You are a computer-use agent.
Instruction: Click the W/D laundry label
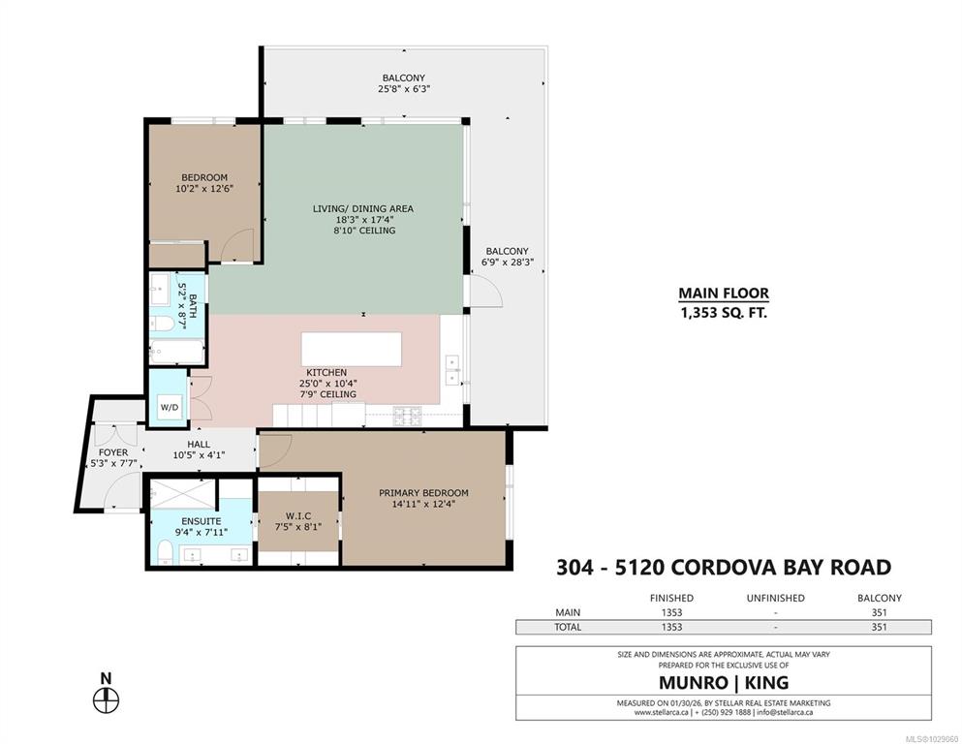(170, 407)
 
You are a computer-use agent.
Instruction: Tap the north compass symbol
(107, 699)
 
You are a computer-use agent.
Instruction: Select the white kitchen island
(352, 349)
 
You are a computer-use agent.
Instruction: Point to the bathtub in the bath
(176, 353)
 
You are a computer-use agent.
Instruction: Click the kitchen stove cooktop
(408, 416)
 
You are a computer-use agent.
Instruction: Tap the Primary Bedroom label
(423, 492)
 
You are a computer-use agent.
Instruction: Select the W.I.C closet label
(298, 515)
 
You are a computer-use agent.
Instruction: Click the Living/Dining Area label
(363, 208)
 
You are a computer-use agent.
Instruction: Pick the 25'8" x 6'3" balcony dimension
(404, 89)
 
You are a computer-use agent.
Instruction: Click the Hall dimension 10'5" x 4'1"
(199, 455)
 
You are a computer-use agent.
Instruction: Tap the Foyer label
(113, 452)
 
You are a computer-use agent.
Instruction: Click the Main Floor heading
(724, 294)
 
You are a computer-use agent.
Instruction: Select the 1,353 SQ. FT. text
(724, 313)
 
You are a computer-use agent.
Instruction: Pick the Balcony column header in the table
(880, 598)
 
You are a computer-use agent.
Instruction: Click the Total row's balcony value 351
(880, 627)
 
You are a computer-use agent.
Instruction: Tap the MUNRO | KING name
(724, 683)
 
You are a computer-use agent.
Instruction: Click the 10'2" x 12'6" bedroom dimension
(204, 189)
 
